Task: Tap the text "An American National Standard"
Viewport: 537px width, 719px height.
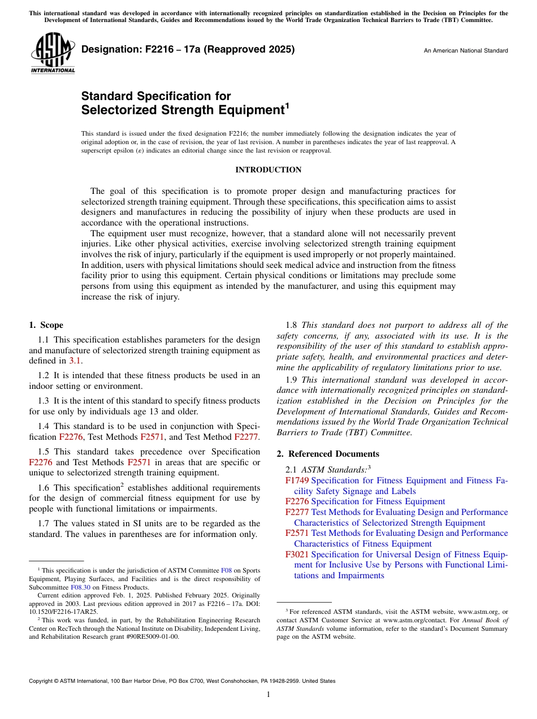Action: pos(466,51)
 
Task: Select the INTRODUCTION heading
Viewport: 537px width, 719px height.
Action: pos(268,170)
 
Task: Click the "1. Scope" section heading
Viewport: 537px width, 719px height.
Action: pos(46,325)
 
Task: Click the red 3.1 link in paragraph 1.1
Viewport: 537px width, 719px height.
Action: pos(75,361)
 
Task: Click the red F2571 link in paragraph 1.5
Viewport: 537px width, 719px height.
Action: pos(139,462)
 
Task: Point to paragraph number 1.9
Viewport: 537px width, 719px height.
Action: pos(292,379)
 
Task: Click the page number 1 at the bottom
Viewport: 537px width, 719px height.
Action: pos(268,695)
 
